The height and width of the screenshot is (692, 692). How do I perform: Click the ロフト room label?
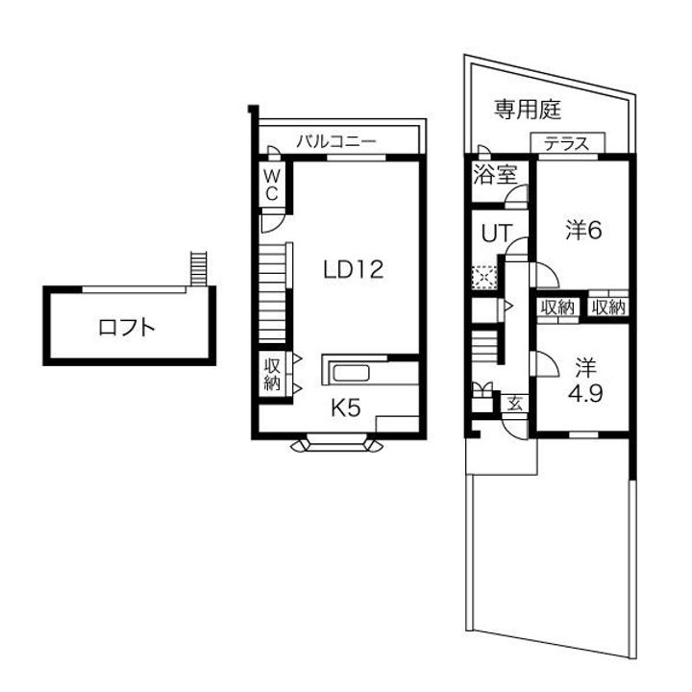(x=127, y=327)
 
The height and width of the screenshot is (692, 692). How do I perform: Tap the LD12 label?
(x=353, y=270)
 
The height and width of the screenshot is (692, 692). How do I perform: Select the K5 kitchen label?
(x=346, y=408)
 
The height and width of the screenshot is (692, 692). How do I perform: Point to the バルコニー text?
(x=334, y=141)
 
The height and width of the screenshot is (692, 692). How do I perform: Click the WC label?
(x=272, y=184)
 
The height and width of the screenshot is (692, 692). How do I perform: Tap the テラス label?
(x=567, y=144)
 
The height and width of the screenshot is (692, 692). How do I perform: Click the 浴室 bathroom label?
(x=495, y=175)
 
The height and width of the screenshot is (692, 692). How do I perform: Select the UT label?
(x=495, y=233)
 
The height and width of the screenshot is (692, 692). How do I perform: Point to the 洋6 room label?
(x=583, y=230)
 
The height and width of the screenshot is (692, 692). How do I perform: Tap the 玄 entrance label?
(x=514, y=404)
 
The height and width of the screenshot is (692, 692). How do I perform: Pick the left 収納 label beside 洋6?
(x=556, y=308)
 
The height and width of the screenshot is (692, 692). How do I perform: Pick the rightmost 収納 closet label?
(x=608, y=308)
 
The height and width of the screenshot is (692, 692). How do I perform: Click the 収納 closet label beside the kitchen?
(x=272, y=374)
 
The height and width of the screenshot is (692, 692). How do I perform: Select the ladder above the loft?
(x=199, y=267)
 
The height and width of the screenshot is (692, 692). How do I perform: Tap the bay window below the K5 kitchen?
(x=337, y=444)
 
